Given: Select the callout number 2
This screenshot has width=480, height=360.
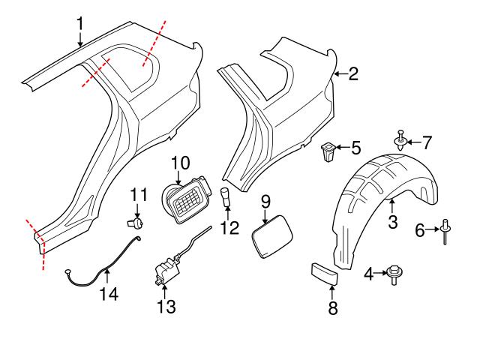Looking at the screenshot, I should click(x=352, y=73).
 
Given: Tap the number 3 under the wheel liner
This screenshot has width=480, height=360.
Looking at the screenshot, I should click(x=391, y=222).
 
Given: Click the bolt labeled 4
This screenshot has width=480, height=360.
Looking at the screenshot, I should click(x=393, y=275).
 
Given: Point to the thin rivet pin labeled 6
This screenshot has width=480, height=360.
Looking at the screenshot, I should click(x=445, y=231).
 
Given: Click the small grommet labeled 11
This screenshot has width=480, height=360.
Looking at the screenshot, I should click(x=137, y=222).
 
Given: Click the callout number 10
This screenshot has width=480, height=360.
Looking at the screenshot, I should click(x=181, y=162).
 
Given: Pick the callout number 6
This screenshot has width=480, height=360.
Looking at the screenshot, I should click(x=421, y=231).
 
